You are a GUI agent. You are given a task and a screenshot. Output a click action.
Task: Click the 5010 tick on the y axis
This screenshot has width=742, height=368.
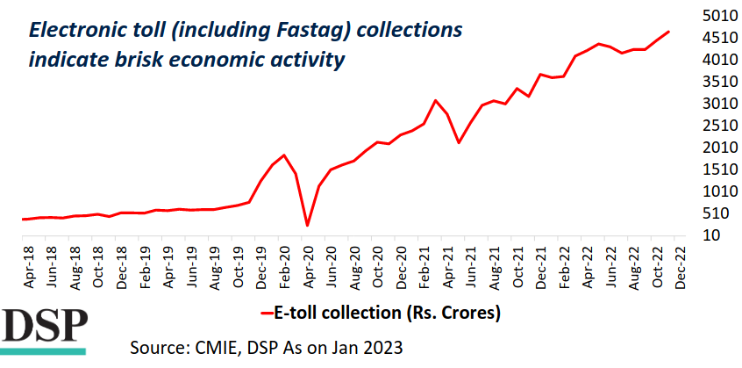pos(717,16)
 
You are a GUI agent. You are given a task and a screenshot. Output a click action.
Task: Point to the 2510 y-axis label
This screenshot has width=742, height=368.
pos(717,126)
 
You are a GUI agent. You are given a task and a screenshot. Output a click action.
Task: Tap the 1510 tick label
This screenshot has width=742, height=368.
pos(717,170)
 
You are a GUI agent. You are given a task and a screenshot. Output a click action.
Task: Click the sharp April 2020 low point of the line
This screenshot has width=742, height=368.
pos(307,226)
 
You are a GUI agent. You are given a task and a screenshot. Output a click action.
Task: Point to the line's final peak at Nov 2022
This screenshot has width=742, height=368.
pos(669,32)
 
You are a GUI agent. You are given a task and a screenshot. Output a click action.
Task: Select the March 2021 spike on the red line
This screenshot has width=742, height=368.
pos(436,100)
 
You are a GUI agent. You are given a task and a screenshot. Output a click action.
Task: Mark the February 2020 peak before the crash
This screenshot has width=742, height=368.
pos(284,155)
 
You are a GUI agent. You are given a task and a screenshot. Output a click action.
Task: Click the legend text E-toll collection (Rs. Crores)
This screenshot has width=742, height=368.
pos(387,312)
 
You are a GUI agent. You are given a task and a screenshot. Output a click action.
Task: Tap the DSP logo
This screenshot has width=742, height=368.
pos(44,328)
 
